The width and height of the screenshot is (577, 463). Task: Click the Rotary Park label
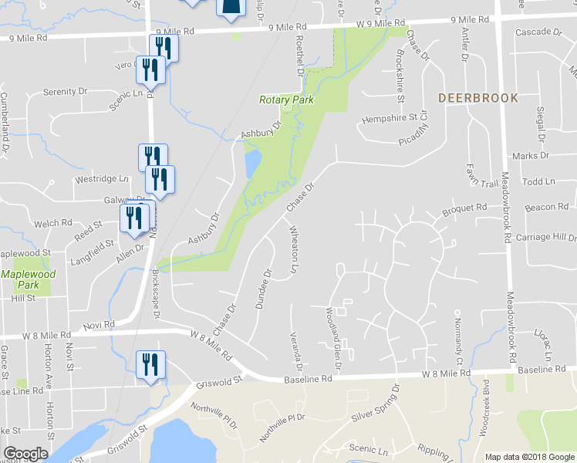pos(286,100)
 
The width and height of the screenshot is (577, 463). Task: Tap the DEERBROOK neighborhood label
pos(478,98)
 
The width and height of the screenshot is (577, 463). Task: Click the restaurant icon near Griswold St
pos(150,364)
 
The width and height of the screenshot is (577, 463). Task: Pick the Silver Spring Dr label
pos(376,404)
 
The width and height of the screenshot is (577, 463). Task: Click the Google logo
pos(25,453)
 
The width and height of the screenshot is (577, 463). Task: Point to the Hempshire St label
pos(389,118)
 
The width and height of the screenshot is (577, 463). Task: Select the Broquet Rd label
pos(464,208)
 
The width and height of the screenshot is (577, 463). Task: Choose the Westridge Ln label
pos(101,179)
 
